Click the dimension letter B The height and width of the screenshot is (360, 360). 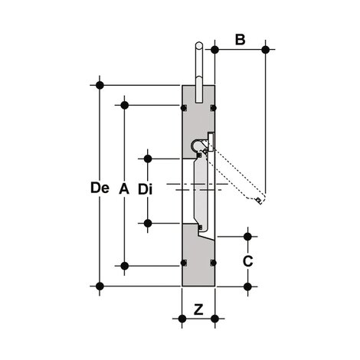click(x=240, y=38)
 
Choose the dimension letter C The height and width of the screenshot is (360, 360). click(x=247, y=261)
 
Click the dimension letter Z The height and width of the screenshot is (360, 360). click(x=198, y=310)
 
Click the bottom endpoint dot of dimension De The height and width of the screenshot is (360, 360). click(x=99, y=286)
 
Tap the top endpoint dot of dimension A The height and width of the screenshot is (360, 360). click(x=124, y=105)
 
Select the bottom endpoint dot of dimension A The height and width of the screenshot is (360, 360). click(x=124, y=266)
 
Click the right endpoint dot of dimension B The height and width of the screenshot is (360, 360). click(x=265, y=51)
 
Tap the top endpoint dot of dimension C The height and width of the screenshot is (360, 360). click(x=247, y=236)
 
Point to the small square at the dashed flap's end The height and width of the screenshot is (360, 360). click(x=259, y=201)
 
